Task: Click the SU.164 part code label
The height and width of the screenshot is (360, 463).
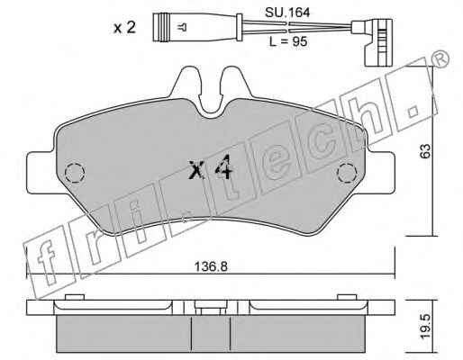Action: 287,13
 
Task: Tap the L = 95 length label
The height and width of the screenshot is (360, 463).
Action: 287,41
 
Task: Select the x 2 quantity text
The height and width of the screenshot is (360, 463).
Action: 124,28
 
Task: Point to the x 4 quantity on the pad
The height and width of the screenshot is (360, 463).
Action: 211,167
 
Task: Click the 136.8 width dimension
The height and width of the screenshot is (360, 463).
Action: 211,266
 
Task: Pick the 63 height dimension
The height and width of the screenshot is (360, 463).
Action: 425,150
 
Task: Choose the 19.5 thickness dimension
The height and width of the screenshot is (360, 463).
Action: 425,327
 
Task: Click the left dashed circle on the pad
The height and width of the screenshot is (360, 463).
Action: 75,173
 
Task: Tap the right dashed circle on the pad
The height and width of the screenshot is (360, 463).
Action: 347,173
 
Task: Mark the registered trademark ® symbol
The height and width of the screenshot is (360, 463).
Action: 440,59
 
